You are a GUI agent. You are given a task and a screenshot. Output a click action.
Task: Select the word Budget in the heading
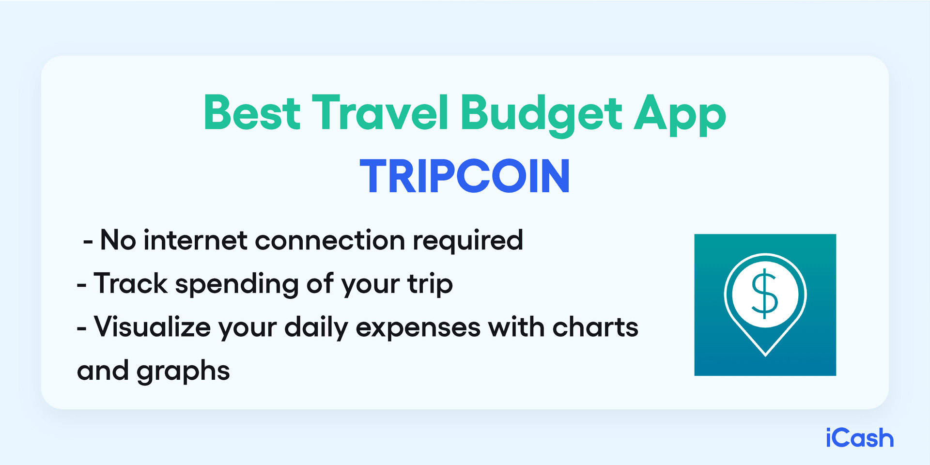tap(541, 114)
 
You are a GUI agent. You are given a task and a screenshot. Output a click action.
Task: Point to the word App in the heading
tap(680, 115)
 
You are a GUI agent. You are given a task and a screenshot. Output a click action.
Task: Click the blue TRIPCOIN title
tap(465, 176)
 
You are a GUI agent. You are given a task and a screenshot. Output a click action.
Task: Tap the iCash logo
tap(859, 438)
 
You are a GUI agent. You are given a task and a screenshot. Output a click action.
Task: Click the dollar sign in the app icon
tap(765, 294)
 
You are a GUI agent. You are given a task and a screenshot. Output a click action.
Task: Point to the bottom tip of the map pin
tap(765, 356)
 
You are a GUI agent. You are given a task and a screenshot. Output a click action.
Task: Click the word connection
tap(330, 241)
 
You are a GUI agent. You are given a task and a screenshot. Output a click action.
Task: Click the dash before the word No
tap(88, 241)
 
